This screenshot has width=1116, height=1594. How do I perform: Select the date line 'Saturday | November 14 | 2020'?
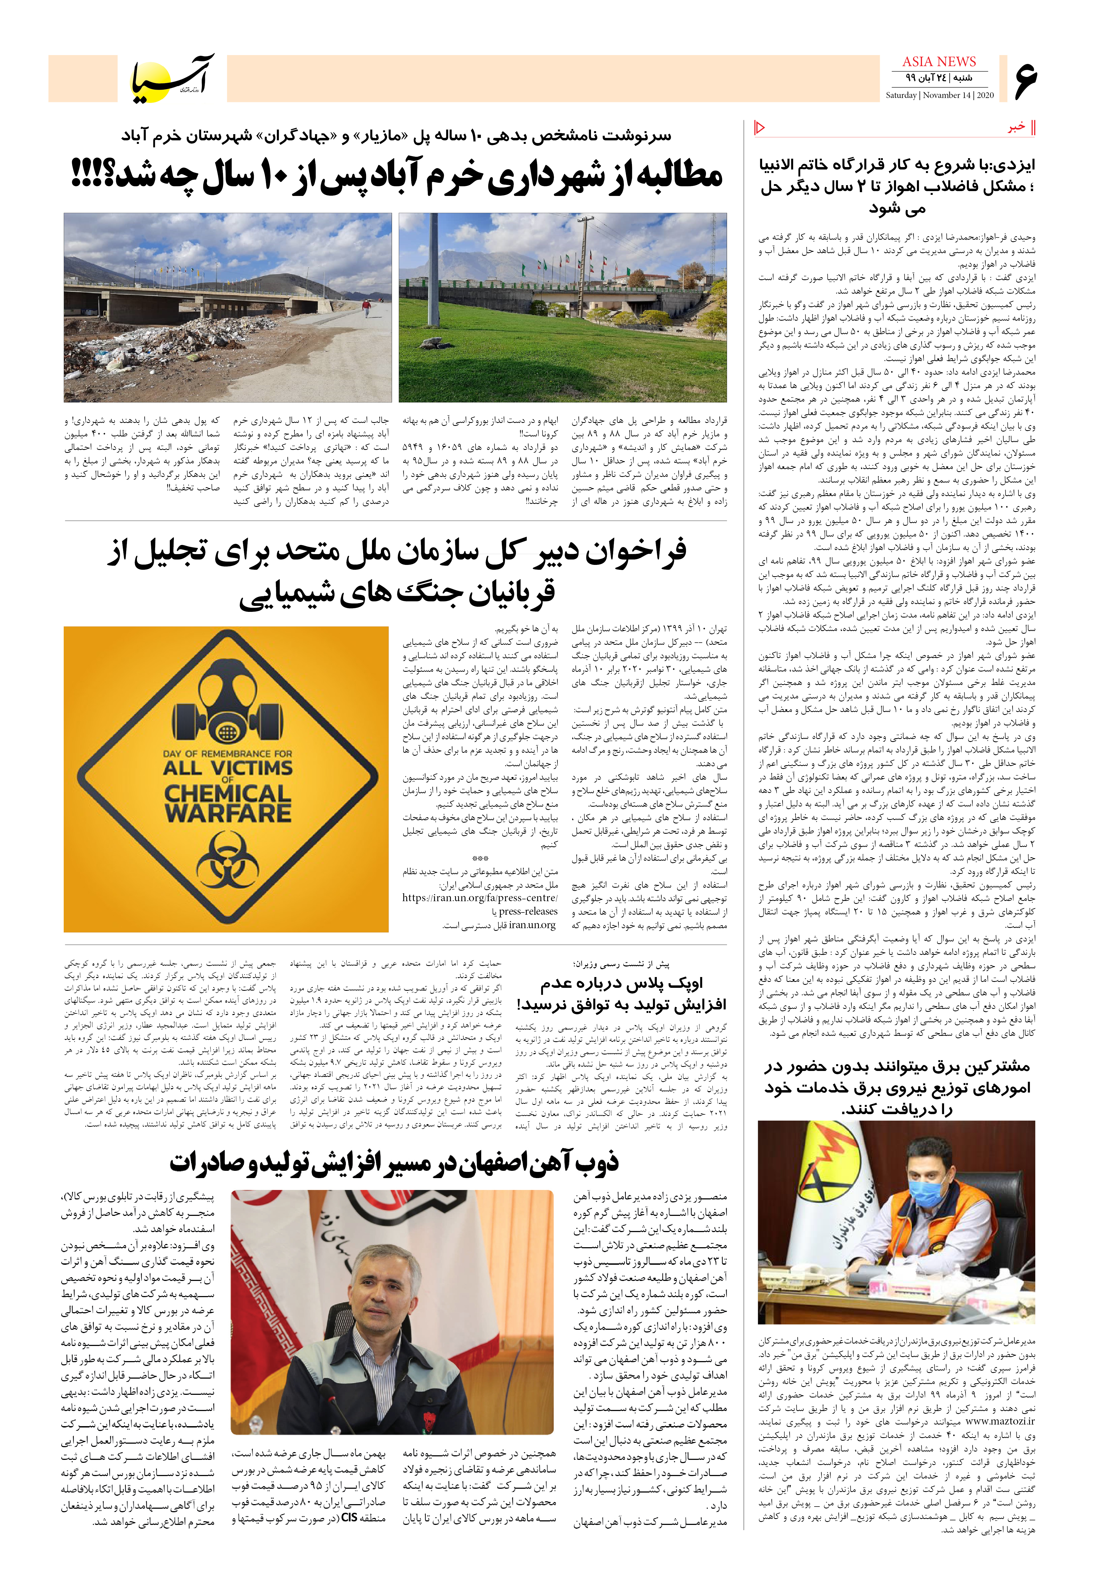[x=939, y=95]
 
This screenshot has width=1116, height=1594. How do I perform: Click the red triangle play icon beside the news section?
[x=759, y=127]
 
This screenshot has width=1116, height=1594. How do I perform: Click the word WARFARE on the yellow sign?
[x=228, y=812]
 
